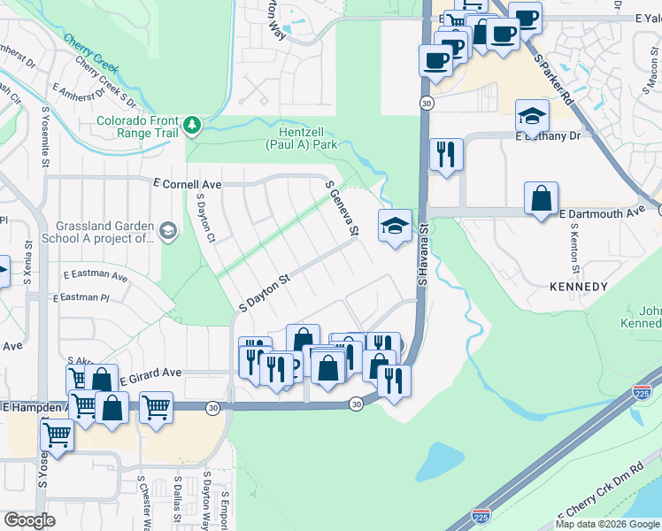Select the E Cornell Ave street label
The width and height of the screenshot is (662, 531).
[187, 184]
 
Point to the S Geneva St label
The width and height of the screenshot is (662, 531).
[342, 208]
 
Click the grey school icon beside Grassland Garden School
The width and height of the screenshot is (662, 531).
[167, 232]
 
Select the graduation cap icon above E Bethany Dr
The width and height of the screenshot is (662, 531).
[533, 116]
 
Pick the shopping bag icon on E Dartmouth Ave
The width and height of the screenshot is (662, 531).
[541, 198]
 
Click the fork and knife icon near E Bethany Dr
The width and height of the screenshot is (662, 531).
[445, 154]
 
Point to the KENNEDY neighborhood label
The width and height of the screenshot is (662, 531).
[578, 287]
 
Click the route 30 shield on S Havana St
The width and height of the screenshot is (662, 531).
[427, 103]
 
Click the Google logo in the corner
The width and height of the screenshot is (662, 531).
[29, 520]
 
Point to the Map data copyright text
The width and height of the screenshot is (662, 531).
[606, 524]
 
